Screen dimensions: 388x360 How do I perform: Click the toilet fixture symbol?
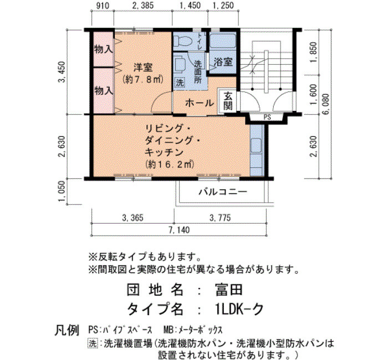pos(182,40)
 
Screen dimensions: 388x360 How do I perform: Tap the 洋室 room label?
pos(143,67)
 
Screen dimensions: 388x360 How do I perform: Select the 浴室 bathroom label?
pos(223,62)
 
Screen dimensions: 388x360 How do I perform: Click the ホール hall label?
pos(200,103)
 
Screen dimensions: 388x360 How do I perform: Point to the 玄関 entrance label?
pos(228,101)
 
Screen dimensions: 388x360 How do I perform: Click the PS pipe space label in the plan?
pos(267,117)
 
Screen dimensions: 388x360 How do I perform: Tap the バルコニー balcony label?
pos(223,192)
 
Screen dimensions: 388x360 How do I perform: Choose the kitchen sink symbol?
pos(256,146)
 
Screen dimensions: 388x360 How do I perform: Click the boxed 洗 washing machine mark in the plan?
pos(180,83)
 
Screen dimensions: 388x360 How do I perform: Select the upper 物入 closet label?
pos(104,49)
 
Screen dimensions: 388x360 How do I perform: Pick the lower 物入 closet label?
pos(104,91)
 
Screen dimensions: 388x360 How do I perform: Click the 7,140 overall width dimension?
pos(179,230)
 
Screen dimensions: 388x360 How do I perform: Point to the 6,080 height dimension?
pos(326,104)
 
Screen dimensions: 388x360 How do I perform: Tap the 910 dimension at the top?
pos(102,6)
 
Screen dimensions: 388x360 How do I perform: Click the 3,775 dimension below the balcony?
pos(220,218)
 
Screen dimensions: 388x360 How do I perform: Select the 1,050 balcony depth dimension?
pos(62,191)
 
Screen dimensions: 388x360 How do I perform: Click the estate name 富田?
pos(229,290)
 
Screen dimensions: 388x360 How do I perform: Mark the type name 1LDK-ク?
pos(239,309)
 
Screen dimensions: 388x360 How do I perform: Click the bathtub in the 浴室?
pos(223,41)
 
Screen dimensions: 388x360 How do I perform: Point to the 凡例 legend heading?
pos(67,330)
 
